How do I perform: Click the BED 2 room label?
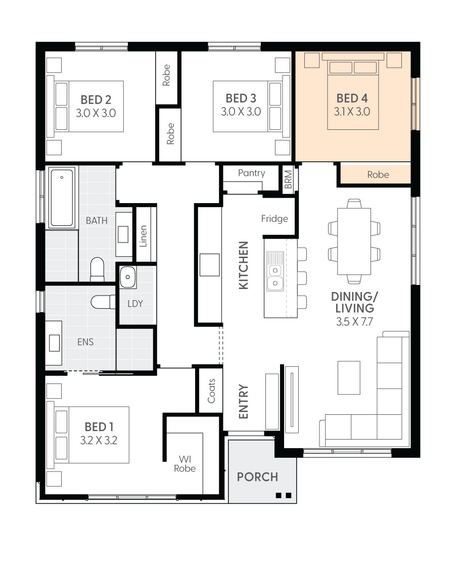pyautogui.click(x=96, y=100)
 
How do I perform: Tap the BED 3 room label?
pyautogui.click(x=241, y=98)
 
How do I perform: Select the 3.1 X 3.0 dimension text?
pyautogui.click(x=352, y=111)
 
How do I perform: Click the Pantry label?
pyautogui.click(x=252, y=173)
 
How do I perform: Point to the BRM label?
pyautogui.click(x=288, y=179)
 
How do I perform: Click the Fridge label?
pyautogui.click(x=274, y=219)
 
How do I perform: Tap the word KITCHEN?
pyautogui.click(x=244, y=265)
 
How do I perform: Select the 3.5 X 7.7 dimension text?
pyautogui.click(x=354, y=321)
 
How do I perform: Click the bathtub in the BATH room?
pyautogui.click(x=62, y=198)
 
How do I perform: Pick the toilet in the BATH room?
pyautogui.click(x=98, y=269)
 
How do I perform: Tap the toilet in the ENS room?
pyautogui.click(x=103, y=302)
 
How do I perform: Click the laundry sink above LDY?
pyautogui.click(x=127, y=277)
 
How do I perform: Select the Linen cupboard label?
pyautogui.click(x=143, y=236)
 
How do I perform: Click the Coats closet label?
pyautogui.click(x=211, y=391)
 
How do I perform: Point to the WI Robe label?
pyautogui.click(x=185, y=464)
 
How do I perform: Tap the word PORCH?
pyautogui.click(x=257, y=477)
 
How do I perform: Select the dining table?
pyautogui.click(x=354, y=242)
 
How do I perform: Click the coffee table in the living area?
pyautogui.click(x=349, y=378)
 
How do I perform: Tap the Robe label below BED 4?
pyautogui.click(x=378, y=175)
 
